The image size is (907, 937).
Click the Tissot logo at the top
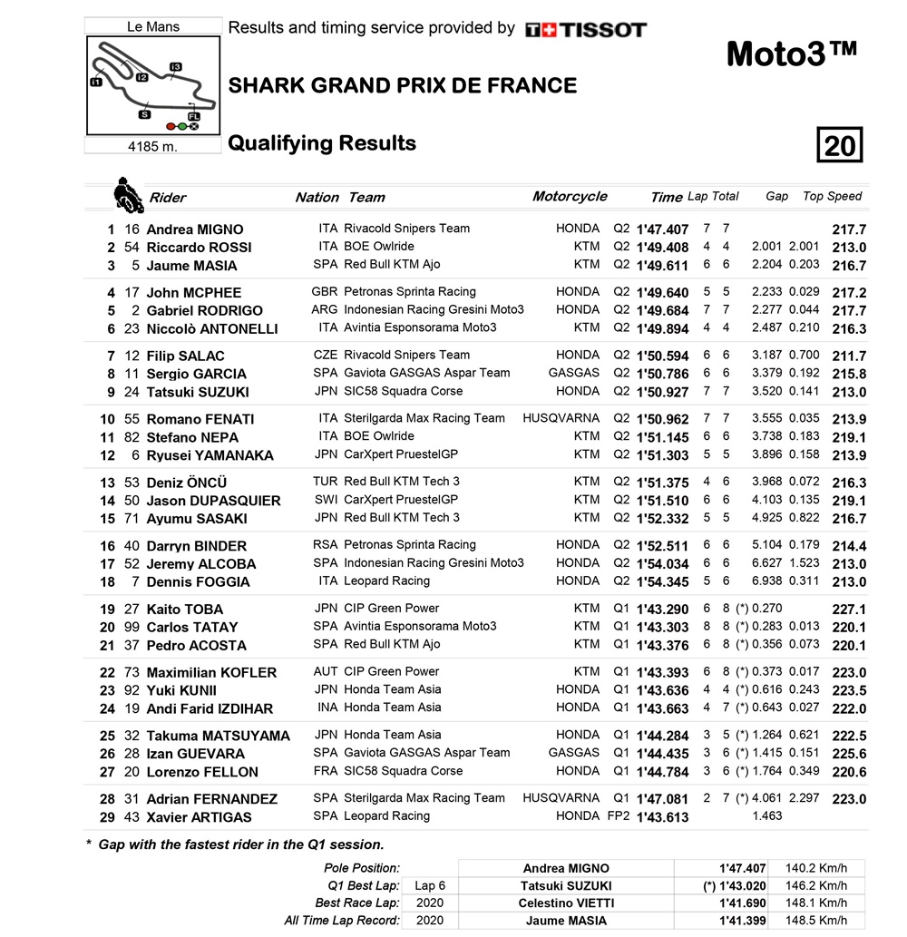point(586,30)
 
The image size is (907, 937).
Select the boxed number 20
point(839,145)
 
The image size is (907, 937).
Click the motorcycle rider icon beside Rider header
point(126,192)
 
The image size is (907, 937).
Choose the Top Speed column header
point(832,196)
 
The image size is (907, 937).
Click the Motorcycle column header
point(570,197)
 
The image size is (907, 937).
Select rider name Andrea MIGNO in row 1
point(195,229)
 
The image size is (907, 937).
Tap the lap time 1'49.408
point(662,248)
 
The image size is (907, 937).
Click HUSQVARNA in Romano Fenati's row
point(561,418)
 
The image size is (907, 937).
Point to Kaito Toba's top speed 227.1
point(849,610)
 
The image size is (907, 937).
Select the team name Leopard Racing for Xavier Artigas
point(386,815)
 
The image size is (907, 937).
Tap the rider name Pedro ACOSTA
point(196,646)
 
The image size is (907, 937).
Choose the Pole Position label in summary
point(362,869)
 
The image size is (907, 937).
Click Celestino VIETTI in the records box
point(566,903)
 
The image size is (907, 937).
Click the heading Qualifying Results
point(322,143)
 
